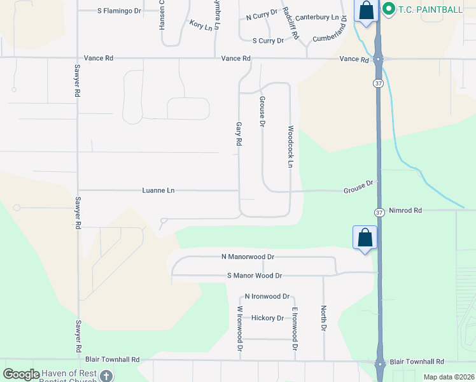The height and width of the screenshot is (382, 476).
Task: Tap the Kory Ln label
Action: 200,25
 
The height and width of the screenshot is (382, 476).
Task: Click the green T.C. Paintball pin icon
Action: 389,9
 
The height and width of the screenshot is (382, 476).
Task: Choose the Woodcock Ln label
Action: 290,146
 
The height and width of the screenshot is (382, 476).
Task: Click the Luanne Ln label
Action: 158,190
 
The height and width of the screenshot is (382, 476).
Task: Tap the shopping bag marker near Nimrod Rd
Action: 365,237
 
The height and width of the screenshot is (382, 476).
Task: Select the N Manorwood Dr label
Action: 248,257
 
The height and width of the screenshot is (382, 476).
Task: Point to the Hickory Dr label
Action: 267,318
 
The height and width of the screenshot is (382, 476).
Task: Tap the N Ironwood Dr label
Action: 267,297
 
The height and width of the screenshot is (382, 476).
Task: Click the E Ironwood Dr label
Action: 295,329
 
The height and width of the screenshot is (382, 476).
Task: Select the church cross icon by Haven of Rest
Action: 106,376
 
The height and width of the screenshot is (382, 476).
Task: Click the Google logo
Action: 22,374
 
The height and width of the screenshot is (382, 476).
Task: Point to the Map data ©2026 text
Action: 449,377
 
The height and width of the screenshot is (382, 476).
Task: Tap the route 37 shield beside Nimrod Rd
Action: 379,212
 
